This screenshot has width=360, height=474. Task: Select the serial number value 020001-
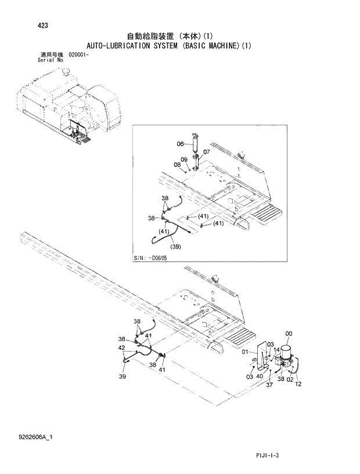pos(80,54)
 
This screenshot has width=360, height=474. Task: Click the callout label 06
pos(181,144)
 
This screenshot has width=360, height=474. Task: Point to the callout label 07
pos(206,153)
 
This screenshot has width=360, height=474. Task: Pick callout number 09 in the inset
pos(184,159)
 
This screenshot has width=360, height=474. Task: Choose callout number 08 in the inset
pos(178,165)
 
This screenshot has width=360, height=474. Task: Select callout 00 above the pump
pos(290,333)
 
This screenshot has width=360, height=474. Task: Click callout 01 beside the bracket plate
pos(246,351)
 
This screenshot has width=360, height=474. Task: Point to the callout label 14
pos(276,350)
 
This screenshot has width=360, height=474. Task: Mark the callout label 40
pos(260,377)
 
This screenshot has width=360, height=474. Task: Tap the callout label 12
pos(298,384)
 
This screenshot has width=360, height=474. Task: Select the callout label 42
pos(122,349)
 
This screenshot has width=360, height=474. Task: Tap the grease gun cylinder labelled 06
pos(195,144)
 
